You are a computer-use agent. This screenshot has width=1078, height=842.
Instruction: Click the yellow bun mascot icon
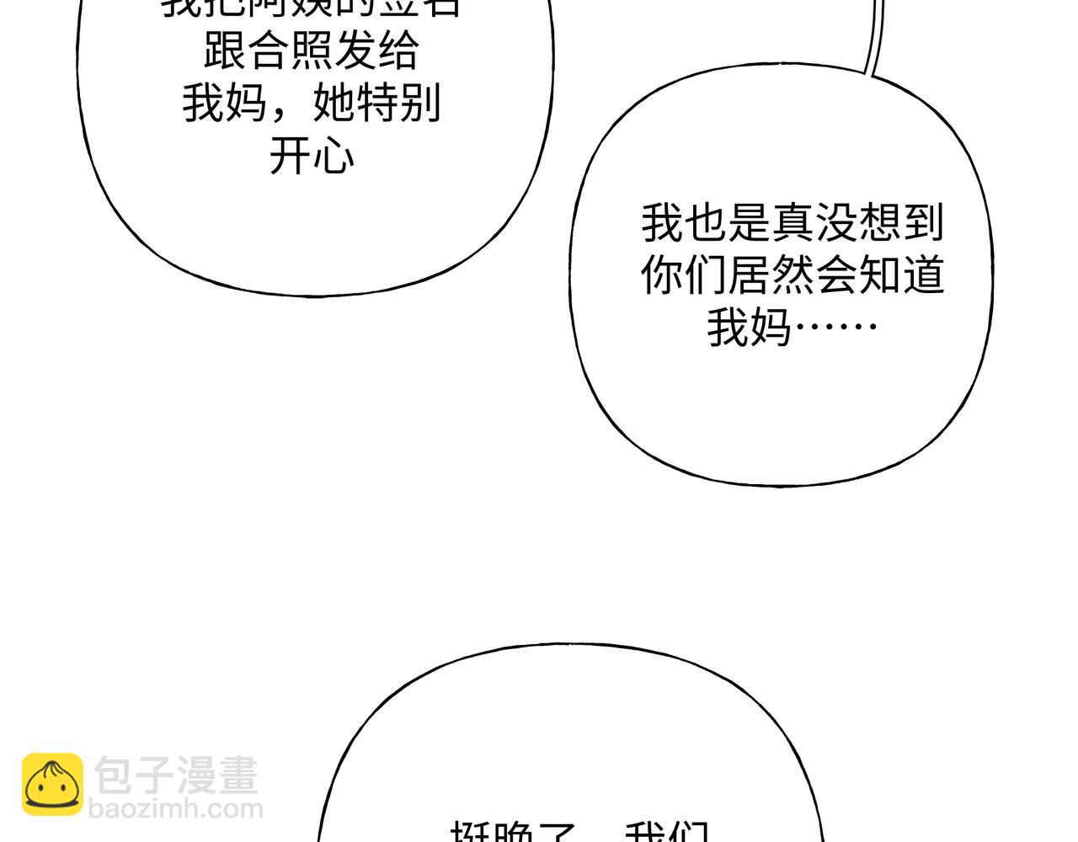point(52,785)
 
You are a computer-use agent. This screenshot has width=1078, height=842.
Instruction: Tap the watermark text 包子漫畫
point(176,775)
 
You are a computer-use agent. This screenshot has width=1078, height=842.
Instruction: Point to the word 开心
point(312,157)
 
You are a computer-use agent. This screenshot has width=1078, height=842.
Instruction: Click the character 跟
point(225,52)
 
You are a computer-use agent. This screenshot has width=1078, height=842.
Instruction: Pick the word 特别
point(399,104)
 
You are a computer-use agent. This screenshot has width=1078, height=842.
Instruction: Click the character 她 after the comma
point(334,104)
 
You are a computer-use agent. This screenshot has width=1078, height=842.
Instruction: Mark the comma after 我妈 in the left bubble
point(282,109)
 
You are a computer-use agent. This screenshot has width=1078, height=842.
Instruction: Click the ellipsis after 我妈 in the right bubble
point(836,326)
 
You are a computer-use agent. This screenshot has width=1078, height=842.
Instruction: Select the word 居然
point(771,274)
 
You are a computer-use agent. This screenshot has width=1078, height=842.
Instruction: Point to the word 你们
point(683,274)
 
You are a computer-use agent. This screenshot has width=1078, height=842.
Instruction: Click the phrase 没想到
point(879,223)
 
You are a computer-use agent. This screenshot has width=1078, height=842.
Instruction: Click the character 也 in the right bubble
point(705,223)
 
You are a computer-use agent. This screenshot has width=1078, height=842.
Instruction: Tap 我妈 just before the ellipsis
point(749,326)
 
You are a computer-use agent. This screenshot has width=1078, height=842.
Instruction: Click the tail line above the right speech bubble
point(875,38)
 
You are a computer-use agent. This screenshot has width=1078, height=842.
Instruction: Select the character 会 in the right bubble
point(835,274)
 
